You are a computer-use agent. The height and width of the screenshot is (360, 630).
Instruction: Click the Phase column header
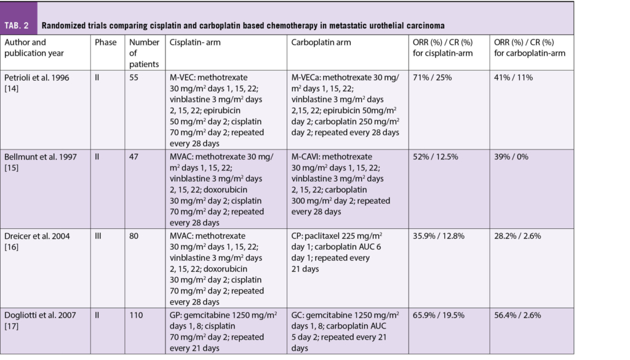pyautogui.click(x=105, y=42)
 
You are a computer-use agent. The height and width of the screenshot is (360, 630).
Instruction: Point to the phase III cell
pyautogui.click(x=98, y=235)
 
